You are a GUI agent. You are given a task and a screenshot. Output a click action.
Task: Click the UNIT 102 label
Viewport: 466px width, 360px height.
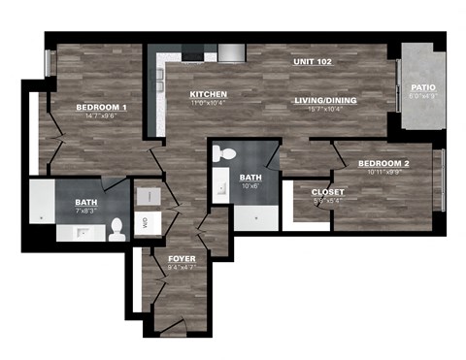pyautogui.click(x=313, y=62)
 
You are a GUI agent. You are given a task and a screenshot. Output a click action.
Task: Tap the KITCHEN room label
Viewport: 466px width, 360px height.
pyautogui.click(x=208, y=93)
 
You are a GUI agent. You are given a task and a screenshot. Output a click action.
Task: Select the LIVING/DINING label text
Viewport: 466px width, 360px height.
pyautogui.click(x=325, y=101)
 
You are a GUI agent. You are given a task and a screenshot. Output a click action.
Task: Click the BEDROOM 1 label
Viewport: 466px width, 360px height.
pyautogui.click(x=102, y=107)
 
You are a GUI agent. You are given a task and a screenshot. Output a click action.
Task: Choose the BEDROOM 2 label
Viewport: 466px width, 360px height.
pyautogui.click(x=383, y=164)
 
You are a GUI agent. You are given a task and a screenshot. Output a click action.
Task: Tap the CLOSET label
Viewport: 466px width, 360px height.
pyautogui.click(x=328, y=192)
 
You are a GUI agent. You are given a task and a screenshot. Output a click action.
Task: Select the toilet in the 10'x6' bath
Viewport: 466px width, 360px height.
pyautogui.click(x=221, y=152)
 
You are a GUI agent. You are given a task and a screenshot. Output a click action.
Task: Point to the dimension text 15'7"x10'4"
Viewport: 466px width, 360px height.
pyautogui.click(x=325, y=110)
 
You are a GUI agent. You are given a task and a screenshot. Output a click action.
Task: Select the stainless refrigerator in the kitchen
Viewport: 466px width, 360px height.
pyautogui.click(x=231, y=52)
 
